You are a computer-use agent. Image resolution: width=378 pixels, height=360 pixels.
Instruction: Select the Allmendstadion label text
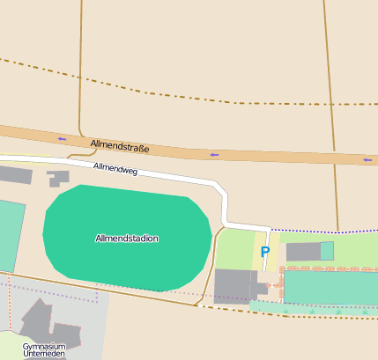pos(127,239)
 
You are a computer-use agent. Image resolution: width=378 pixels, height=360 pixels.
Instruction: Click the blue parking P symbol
pos(264,252)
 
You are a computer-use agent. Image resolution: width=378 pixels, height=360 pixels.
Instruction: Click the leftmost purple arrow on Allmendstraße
pos(62,139)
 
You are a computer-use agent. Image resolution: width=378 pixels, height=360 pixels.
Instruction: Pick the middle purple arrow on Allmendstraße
pos(214,155)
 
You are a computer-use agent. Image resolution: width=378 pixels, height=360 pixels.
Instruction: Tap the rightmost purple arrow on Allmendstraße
pos(367,160)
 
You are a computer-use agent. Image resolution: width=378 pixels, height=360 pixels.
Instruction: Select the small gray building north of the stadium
pos(59,178)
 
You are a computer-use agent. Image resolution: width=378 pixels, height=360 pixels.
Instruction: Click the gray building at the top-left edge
pos(14,174)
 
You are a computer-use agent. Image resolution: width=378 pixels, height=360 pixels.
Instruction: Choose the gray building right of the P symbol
pos(303,253)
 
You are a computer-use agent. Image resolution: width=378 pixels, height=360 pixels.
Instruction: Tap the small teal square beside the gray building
pos(327,251)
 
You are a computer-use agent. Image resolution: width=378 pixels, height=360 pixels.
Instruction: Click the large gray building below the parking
pos(234,287)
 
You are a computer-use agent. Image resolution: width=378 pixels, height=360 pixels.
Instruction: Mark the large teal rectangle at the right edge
pos(330,287)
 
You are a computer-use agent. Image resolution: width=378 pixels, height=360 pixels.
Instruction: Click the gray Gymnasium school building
pos(40,321)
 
